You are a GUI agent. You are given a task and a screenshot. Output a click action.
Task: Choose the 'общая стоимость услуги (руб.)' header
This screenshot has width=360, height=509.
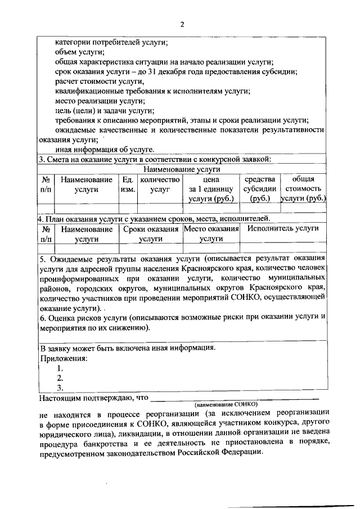(x=304, y=190)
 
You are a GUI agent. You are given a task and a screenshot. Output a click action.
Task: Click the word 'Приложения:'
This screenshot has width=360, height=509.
(x=64, y=358)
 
